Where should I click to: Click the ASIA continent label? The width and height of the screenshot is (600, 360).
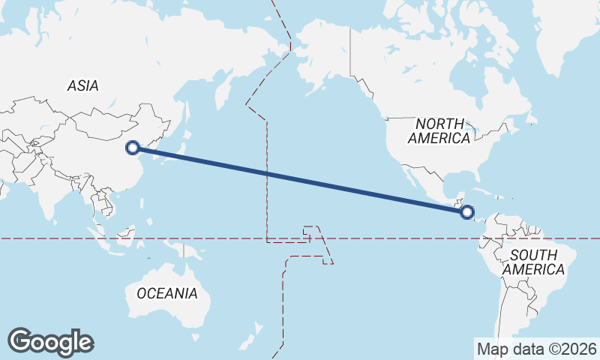tap(82, 86)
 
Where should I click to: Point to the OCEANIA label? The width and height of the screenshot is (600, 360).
tap(167, 293)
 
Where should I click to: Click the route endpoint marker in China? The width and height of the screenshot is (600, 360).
tap(133, 148)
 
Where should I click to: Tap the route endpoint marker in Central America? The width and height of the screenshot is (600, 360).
tap(468, 212)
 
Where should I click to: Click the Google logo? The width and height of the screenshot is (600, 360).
tap(51, 342)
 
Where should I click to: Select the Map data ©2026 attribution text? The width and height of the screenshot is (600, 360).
tap(536, 349)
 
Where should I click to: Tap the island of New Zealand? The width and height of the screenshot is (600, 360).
tap(256, 331)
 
